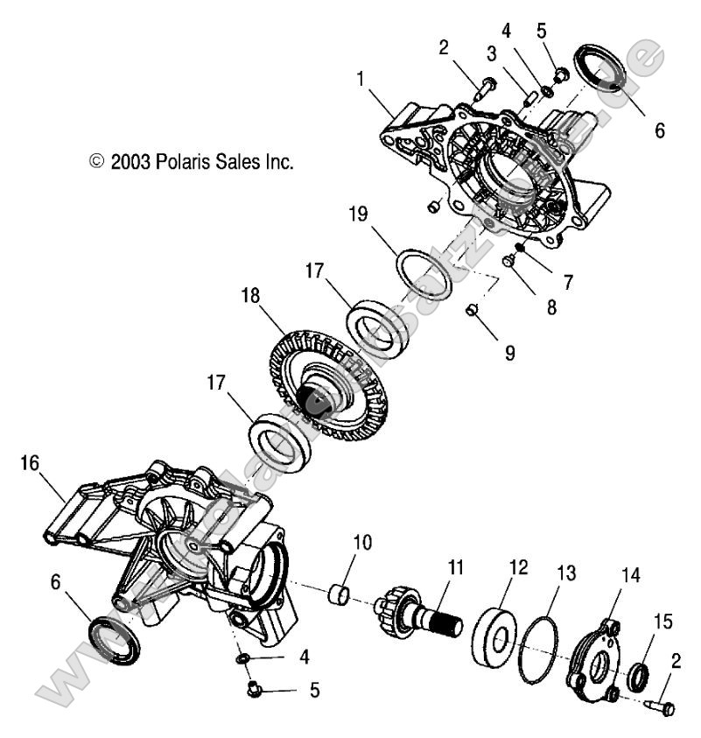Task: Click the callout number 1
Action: [x=360, y=79]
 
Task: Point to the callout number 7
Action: [x=568, y=282]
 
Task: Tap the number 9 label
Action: [x=509, y=354]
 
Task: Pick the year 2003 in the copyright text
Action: [x=130, y=162]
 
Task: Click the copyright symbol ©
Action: [x=97, y=162]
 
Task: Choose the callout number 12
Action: [x=518, y=567]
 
